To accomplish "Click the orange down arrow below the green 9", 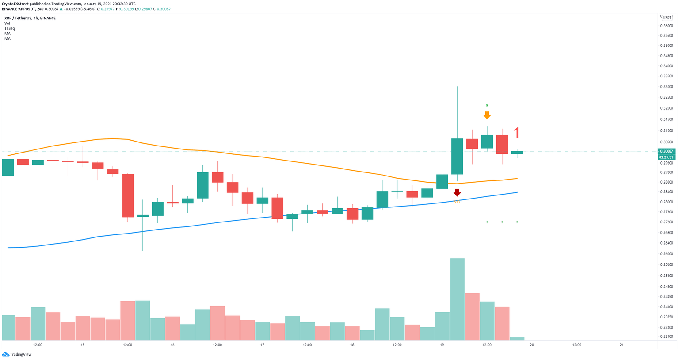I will point(487,115).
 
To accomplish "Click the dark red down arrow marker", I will point(457,193).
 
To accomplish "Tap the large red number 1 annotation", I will point(516,133).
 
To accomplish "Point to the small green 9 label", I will point(487,105).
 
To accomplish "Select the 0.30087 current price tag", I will point(666,151).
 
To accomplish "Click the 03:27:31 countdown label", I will point(666,157).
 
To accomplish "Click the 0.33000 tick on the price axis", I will point(666,76).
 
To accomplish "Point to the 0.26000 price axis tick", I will point(666,254).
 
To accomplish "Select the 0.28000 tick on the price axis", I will point(666,202).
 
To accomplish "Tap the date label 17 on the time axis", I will point(262,345).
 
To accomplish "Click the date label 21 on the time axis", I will point(622,345).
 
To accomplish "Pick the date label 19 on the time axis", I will point(442,345).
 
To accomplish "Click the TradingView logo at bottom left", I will point(18,354).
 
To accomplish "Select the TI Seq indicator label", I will point(9,28).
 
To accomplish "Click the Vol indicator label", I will point(7,23).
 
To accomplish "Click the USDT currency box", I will point(667,18).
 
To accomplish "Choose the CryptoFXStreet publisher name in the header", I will point(15,4).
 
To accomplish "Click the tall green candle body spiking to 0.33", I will point(457,156).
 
